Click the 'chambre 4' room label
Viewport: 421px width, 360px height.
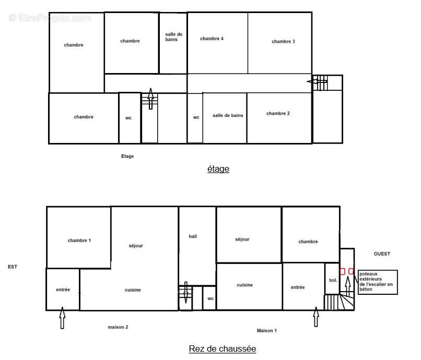click(x=212, y=39)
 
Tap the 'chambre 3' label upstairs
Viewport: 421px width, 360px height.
click(x=283, y=42)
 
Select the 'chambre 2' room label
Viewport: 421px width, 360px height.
click(x=278, y=113)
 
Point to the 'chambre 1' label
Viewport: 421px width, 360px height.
click(x=79, y=241)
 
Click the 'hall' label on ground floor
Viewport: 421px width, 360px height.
click(x=193, y=236)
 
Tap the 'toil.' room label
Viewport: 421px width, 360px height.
click(x=333, y=280)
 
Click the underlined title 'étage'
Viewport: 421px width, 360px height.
click(x=218, y=169)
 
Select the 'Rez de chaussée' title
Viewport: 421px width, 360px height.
click(x=223, y=349)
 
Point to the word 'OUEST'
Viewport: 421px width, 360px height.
click(x=382, y=254)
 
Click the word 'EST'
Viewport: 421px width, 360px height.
click(x=13, y=267)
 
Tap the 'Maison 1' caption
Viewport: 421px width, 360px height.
click(x=266, y=331)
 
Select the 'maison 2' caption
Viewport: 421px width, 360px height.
click(x=118, y=327)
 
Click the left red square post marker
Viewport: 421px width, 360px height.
click(x=342, y=271)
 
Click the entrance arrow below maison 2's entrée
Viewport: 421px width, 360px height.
click(x=62, y=318)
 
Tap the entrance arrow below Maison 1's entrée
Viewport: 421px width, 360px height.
click(x=316, y=317)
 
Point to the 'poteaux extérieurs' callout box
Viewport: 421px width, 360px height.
click(x=378, y=282)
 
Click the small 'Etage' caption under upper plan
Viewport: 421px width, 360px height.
click(x=127, y=156)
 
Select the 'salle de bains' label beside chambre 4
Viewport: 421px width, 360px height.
click(x=173, y=37)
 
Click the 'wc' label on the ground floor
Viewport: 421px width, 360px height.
click(x=210, y=298)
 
